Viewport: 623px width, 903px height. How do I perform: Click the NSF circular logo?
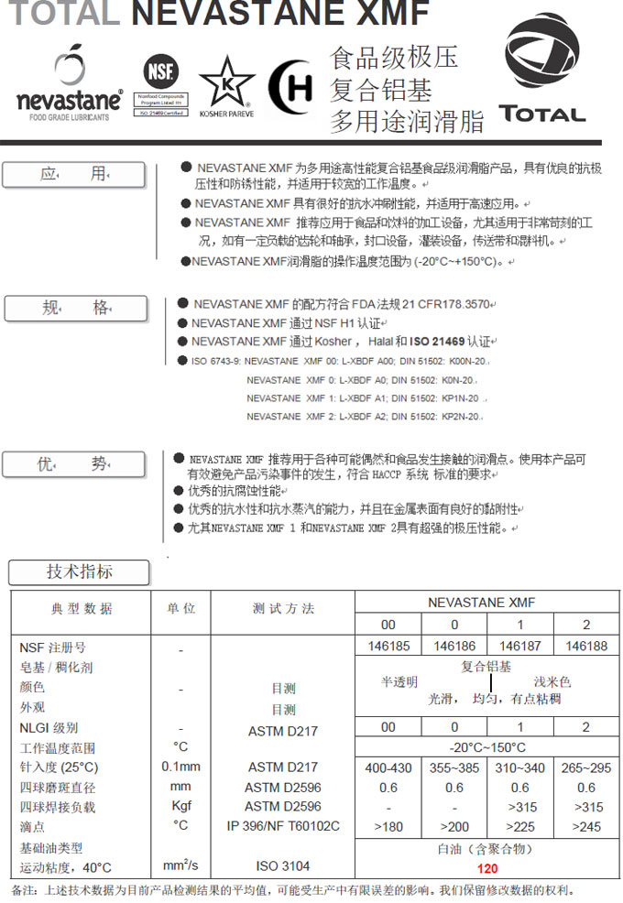161,71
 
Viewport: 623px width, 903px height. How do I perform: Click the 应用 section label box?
74,175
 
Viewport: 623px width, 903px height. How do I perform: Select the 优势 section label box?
73,464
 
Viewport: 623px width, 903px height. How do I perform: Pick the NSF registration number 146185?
388,646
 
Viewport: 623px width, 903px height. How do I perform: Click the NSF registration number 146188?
586,646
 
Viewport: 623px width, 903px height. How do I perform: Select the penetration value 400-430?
388,767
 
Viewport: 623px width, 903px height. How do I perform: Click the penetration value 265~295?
586,767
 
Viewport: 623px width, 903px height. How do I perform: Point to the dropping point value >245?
586,827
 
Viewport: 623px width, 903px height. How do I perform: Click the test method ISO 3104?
283,865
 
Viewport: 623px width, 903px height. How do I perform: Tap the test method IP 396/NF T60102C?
283,826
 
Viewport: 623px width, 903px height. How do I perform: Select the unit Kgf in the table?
180,807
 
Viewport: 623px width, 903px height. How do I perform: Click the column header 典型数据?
82,609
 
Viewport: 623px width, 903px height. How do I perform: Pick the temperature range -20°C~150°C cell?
486,747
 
